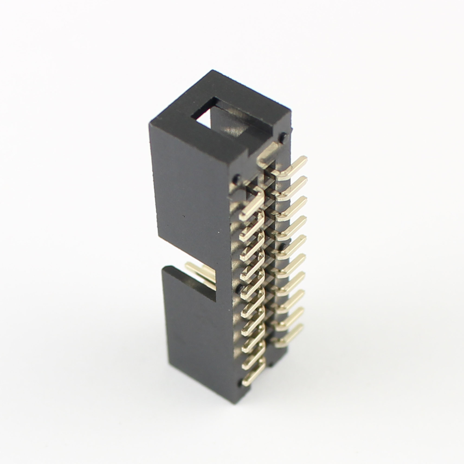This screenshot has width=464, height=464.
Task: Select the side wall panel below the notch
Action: tap(197, 333)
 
